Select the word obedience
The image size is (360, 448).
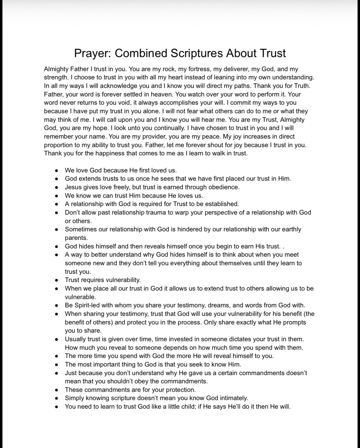(x=224, y=187)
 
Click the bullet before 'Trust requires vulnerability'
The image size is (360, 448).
(x=56, y=280)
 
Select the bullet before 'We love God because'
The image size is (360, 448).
(x=56, y=171)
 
